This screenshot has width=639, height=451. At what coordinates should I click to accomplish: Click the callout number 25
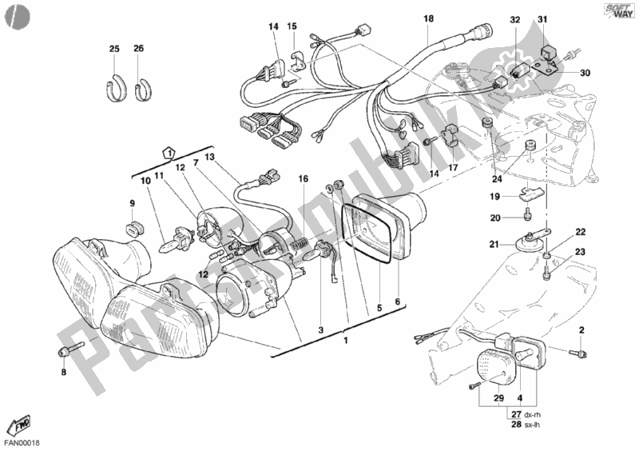[x=114, y=50]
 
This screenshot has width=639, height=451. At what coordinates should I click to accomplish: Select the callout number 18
[x=428, y=18]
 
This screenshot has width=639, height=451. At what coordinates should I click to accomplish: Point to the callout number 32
[x=514, y=20]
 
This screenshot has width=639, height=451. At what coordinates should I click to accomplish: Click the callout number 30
[x=585, y=74]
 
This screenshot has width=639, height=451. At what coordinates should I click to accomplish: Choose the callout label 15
[x=292, y=27]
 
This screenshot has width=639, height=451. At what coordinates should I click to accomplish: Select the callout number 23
[x=581, y=253]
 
